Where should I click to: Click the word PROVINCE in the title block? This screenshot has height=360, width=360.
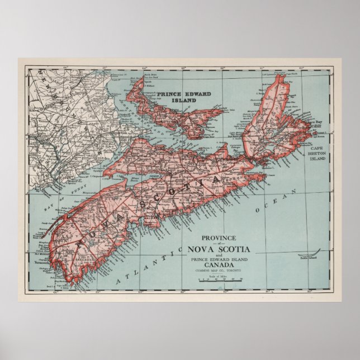pyautogui.click(x=219, y=237)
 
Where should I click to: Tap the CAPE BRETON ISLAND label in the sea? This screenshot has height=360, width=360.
pyautogui.click(x=318, y=158)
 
